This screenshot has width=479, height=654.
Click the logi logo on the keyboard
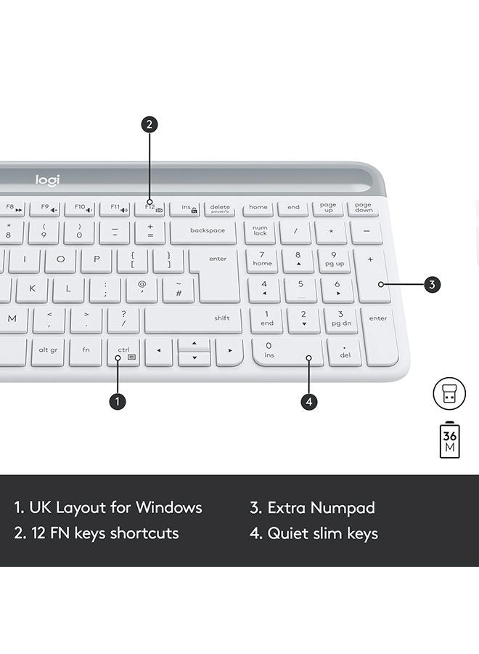(x=48, y=179)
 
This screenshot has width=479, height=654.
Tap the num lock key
(x=260, y=232)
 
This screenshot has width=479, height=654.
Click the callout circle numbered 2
(x=149, y=124)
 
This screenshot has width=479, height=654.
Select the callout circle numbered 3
(x=432, y=285)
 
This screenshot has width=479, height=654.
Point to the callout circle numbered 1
(x=118, y=400)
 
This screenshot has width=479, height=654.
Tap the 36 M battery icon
(x=450, y=440)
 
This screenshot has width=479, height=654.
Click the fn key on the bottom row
(x=86, y=351)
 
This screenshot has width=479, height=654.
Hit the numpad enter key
(x=378, y=335)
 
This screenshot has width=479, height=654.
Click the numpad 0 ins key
(x=287, y=351)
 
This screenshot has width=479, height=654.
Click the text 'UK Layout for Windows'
(x=108, y=507)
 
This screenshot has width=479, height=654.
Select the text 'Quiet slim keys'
(x=314, y=533)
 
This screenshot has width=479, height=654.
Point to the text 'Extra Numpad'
(x=312, y=507)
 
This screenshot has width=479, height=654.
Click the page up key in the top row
(x=328, y=209)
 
